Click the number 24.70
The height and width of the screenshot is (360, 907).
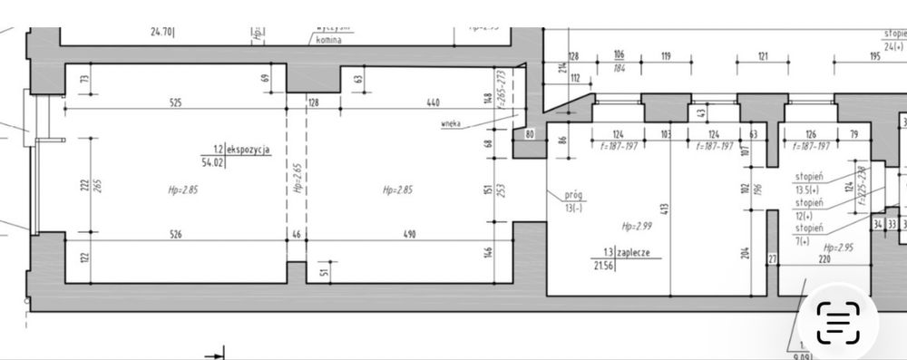point(161,31)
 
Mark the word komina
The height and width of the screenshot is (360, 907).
point(327,41)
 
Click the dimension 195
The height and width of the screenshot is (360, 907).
point(874,56)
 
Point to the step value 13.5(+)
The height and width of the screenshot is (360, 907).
point(809,190)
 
